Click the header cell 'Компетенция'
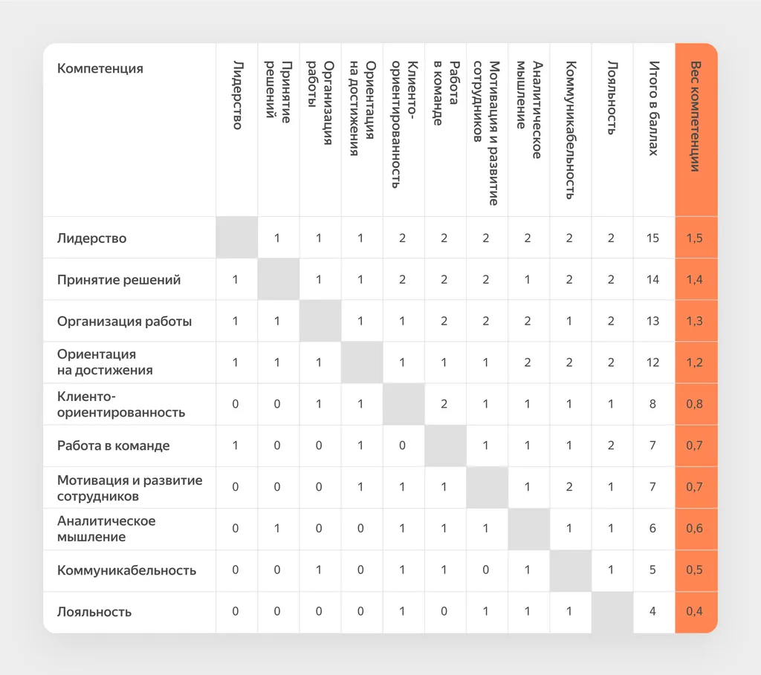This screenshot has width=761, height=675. point(100,68)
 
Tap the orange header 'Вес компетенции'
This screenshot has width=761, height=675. point(695,117)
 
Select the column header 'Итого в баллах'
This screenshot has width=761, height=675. point(654,108)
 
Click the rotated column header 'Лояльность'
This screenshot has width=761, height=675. point(612,97)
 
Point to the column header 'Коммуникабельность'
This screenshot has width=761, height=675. point(570,130)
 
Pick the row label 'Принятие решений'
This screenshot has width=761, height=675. point(119,280)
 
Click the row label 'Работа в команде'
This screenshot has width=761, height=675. point(114,446)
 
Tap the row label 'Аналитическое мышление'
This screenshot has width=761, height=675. point(106,529)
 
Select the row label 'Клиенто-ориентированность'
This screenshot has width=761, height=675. point(121,405)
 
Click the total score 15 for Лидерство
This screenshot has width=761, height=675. point(652,238)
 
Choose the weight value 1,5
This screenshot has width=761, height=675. point(695,238)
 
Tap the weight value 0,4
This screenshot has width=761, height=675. point(695,611)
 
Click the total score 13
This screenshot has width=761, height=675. point(652,321)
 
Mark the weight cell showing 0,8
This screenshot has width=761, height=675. point(695,404)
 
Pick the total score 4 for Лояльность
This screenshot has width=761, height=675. point(652,611)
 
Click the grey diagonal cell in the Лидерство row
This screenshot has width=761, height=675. point(237,238)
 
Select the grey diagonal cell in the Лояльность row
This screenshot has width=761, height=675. point(612,613)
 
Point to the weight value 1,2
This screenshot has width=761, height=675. point(695,362)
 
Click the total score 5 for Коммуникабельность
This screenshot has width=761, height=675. point(652,570)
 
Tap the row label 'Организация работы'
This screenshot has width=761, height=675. point(125,322)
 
